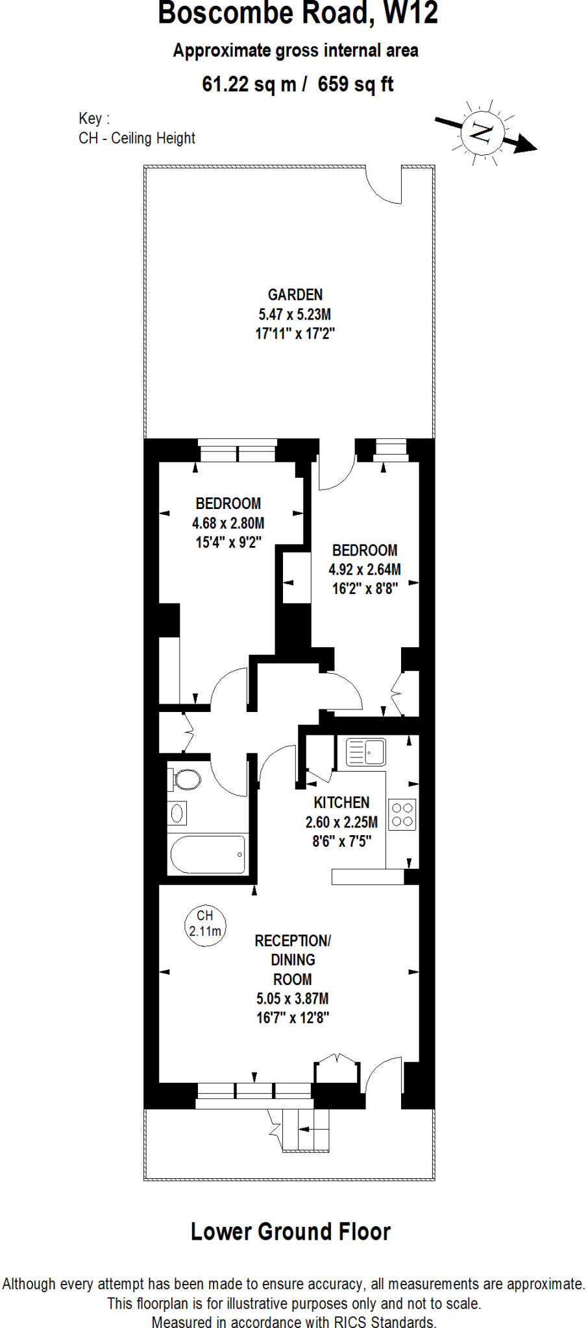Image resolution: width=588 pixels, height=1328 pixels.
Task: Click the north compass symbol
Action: pyautogui.click(x=482, y=134)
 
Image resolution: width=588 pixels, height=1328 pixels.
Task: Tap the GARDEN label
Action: pyautogui.click(x=295, y=295)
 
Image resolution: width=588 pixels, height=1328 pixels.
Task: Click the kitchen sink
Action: pyautogui.click(x=366, y=752)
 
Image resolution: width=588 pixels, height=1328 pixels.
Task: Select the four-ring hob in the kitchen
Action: pyautogui.click(x=402, y=814)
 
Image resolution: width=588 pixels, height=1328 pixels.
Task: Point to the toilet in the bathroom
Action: pyautogui.click(x=185, y=779)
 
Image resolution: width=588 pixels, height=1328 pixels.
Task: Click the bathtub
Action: pyautogui.click(x=208, y=855)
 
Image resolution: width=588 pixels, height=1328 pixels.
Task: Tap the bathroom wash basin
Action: pyautogui.click(x=177, y=813)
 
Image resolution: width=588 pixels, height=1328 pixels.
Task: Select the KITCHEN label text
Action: pyautogui.click(x=341, y=803)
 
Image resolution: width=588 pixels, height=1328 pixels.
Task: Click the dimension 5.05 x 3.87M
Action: pyautogui.click(x=293, y=999)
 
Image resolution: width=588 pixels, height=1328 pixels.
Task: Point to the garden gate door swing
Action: pyautogui.click(x=385, y=186)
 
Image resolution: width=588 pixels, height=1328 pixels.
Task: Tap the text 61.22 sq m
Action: pyautogui.click(x=249, y=84)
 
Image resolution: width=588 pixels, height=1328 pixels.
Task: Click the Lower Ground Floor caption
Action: pyautogui.click(x=291, y=1232)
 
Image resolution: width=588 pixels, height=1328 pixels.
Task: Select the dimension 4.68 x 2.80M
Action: pyautogui.click(x=228, y=523)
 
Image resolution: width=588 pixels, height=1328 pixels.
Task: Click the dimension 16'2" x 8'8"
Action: pyautogui.click(x=365, y=589)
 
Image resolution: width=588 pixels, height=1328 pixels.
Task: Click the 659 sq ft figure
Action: pyautogui.click(x=356, y=84)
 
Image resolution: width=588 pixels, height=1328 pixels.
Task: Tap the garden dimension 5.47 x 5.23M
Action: pyautogui.click(x=295, y=314)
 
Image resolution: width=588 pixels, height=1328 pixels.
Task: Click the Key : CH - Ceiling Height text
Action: pyautogui.click(x=136, y=128)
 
